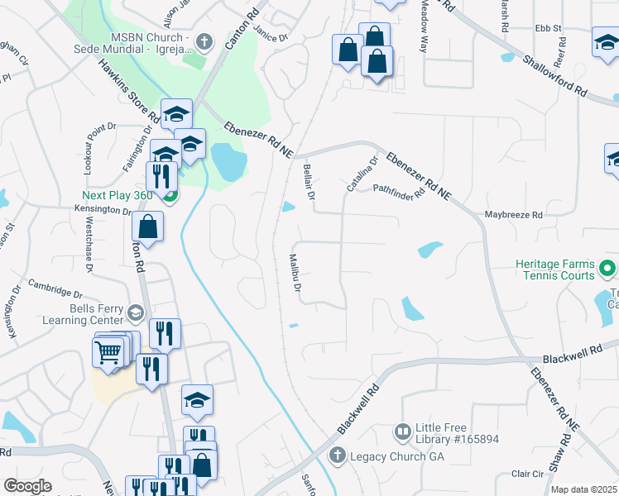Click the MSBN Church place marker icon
coord(206,41)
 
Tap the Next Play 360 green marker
coord(170,196)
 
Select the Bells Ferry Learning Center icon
coord(136,312)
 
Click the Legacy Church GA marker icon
coord(337,455)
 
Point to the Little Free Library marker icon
coord(403,432)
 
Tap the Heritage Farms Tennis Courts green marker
coord(607,268)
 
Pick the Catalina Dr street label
coord(362,174)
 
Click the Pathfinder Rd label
coord(399,192)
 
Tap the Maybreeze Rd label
coord(513,215)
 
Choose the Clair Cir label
coord(526,474)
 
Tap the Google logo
coord(27,486)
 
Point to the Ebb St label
coord(548,28)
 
